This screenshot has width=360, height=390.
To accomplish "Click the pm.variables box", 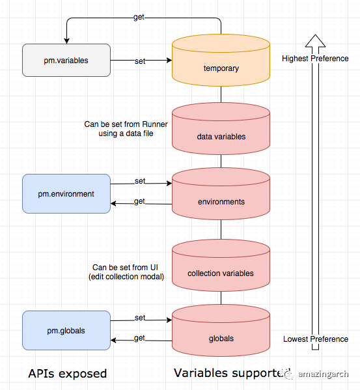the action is pyautogui.click(x=66, y=60).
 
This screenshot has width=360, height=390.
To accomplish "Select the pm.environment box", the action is pyautogui.click(x=66, y=194).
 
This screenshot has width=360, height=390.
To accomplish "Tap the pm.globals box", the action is pyautogui.click(x=66, y=330).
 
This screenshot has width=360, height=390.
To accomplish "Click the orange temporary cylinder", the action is pyautogui.click(x=221, y=60).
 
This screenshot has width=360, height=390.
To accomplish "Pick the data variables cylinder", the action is pyautogui.click(x=221, y=129).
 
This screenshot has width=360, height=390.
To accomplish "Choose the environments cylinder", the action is pyautogui.click(x=221, y=194).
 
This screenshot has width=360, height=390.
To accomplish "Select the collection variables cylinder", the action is pyautogui.click(x=221, y=266).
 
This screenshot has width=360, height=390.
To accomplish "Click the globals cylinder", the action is pyautogui.click(x=221, y=331).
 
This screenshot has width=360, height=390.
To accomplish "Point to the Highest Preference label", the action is pyautogui.click(x=315, y=59).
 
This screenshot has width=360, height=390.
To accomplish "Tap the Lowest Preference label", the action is pyautogui.click(x=316, y=339).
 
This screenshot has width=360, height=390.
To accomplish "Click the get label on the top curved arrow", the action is pyautogui.click(x=139, y=17).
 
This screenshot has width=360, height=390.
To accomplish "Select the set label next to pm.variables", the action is pyautogui.click(x=140, y=61).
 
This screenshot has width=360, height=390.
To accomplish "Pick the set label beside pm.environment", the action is pyautogui.click(x=140, y=181).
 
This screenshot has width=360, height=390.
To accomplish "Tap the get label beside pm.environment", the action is pyautogui.click(x=139, y=201).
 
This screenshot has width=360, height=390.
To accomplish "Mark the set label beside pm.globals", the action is pyautogui.click(x=140, y=318).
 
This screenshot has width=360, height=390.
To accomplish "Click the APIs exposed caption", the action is pyautogui.click(x=68, y=374).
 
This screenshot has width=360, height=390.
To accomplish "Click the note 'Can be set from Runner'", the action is pyautogui.click(x=126, y=124).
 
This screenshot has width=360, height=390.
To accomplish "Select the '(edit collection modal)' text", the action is pyautogui.click(x=126, y=277).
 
